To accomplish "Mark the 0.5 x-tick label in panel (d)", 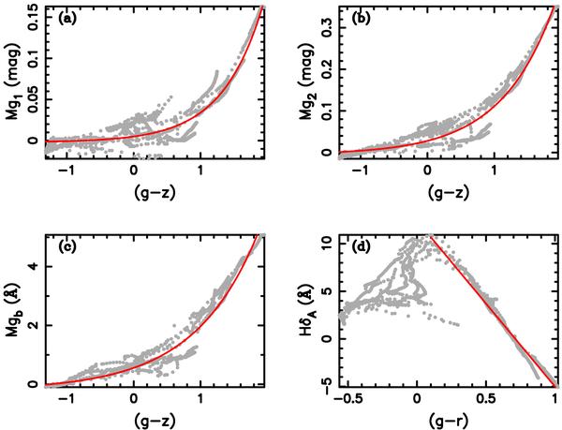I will [x=486, y=397].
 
